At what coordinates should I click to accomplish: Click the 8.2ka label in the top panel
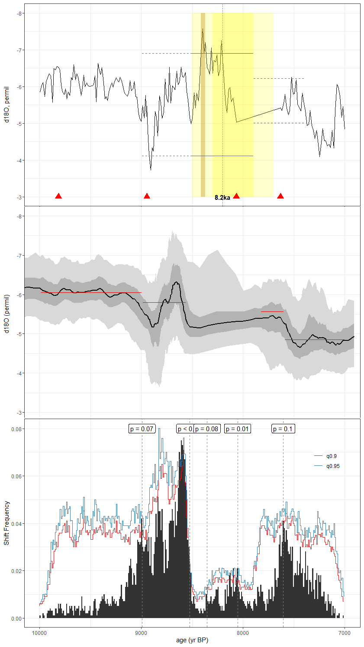(x=222, y=198)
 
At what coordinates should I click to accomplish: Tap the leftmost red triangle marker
(x=58, y=196)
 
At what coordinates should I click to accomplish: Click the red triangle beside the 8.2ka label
(x=236, y=196)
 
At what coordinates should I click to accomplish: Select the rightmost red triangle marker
(x=280, y=196)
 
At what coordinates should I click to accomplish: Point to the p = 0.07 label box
(x=142, y=429)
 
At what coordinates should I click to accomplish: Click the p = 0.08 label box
(x=207, y=429)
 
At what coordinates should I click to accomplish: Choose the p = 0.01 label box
(x=237, y=429)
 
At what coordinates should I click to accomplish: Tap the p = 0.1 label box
(x=283, y=429)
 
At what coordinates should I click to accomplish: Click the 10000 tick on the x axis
(x=40, y=634)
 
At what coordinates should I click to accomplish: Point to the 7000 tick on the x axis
(x=345, y=634)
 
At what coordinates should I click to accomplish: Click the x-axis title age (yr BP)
(x=192, y=641)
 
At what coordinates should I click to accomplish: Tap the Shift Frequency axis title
(x=6, y=523)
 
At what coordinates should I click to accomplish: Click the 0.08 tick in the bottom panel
(x=17, y=429)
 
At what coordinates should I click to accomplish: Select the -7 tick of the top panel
(x=19, y=50)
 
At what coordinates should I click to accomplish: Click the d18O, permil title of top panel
(x=6, y=104)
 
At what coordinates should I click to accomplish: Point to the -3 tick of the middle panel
(x=19, y=413)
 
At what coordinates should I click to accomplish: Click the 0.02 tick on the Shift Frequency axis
(x=17, y=571)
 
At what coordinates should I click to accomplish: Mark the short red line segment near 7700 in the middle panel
(x=272, y=311)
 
